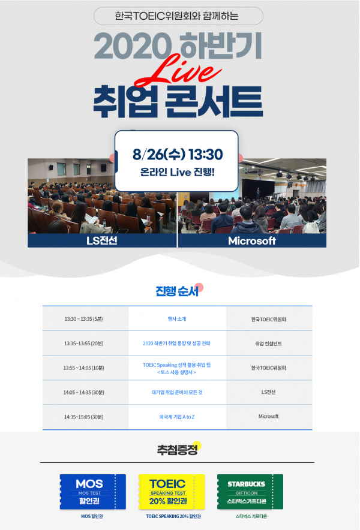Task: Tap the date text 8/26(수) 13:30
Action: pos(178,155)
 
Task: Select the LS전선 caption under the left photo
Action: pos(102,240)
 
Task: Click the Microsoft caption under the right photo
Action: pos(252,240)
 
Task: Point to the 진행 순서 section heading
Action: pos(177,291)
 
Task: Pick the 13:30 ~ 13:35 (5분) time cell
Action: pos(83,319)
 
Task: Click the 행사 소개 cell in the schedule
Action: pos(177,319)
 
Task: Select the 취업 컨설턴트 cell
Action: pos(268,344)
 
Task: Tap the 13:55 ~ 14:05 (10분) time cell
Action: pos(83,368)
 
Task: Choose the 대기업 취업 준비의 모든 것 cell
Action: pos(177,393)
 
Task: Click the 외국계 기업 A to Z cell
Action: pos(177,417)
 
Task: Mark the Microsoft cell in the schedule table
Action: pos(268,417)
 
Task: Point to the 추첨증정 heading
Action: pos(177,450)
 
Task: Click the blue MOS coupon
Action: pos(93,492)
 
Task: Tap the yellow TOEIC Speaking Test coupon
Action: pos(172,492)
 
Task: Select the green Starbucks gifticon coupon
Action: pos(250,492)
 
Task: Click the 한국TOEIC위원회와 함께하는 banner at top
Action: pos(178,16)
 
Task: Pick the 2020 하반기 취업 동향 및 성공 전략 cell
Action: pos(176,344)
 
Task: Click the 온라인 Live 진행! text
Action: pos(178,172)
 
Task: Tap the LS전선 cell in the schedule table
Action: pos(268,392)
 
